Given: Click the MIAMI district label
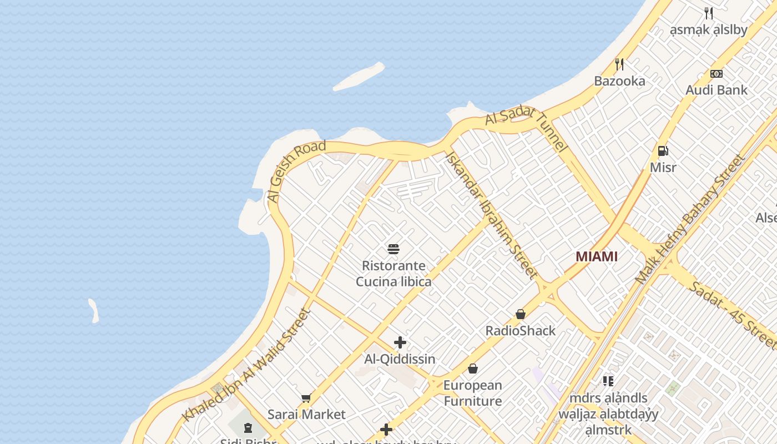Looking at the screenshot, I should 597,256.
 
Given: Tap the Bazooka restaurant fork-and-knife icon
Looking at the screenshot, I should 619,64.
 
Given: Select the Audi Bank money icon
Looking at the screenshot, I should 717,73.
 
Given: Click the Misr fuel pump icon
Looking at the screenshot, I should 663,150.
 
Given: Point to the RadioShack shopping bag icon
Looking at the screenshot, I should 521,314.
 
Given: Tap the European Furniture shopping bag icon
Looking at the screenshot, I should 473,369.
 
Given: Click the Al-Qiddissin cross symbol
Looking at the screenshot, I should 400,342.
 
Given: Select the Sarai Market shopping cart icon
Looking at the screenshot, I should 306,398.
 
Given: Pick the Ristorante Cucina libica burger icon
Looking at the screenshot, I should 393,249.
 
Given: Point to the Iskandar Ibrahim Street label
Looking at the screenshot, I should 491,215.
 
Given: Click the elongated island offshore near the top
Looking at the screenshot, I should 359,77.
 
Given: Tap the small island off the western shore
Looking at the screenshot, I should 94,311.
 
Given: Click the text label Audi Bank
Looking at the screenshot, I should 717,90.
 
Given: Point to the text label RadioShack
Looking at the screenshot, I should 521,331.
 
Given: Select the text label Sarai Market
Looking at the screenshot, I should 306,415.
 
